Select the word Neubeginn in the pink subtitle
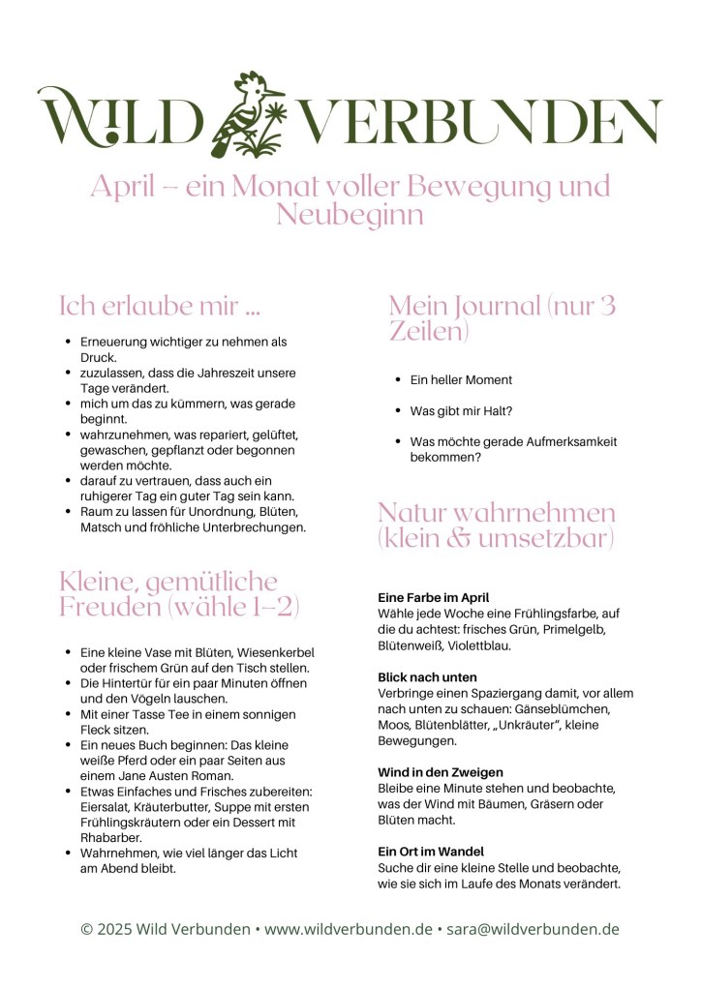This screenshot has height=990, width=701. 350,214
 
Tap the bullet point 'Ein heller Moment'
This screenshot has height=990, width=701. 461,380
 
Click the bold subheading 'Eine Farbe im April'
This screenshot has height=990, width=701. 434,598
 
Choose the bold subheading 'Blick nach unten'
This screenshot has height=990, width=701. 427,677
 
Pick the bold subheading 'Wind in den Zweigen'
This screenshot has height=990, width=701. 440,772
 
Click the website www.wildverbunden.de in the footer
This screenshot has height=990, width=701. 349,929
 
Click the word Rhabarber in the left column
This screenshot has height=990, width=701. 111,838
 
